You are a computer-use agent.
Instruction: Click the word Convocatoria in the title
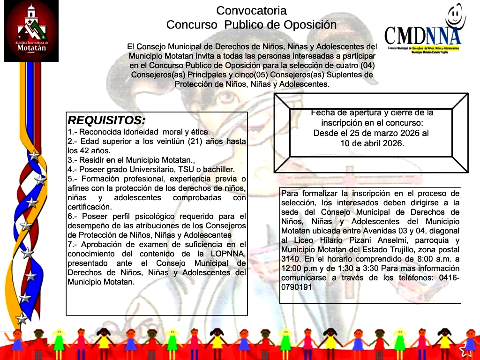tap(251, 10)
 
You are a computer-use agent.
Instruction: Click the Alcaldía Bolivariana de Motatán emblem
tap(31, 30)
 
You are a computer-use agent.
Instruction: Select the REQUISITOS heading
tap(107, 120)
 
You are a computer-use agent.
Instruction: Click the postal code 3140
tap(291, 259)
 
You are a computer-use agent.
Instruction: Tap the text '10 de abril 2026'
tap(372, 143)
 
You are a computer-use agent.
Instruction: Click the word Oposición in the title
tap(309, 24)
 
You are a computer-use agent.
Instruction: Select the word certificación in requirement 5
tap(90, 207)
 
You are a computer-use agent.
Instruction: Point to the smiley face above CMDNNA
tap(455, 17)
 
